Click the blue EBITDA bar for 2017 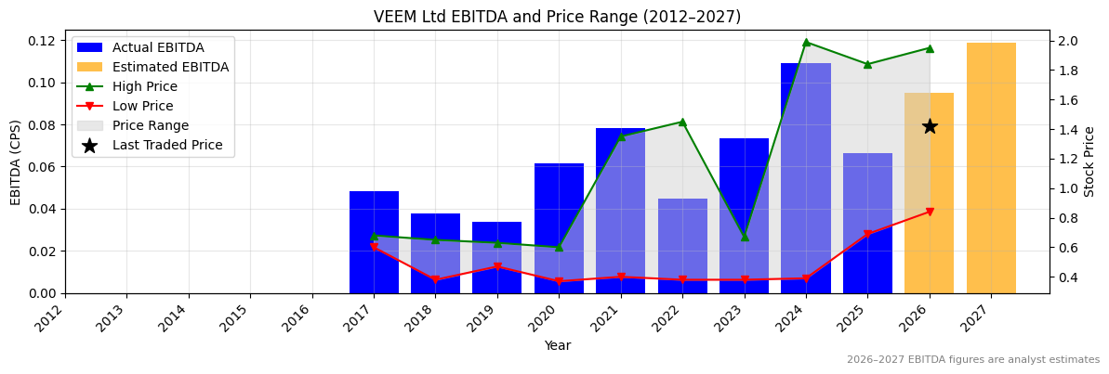[374, 242]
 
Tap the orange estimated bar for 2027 [991, 168]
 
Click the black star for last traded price [930, 126]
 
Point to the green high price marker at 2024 [806, 42]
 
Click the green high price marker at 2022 [682, 122]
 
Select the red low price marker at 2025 [867, 234]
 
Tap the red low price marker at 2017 [374, 247]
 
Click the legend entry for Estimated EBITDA [170, 67]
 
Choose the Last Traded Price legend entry [167, 145]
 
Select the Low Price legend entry [142, 106]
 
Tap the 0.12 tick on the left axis [41, 41]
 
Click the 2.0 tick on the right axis [1067, 41]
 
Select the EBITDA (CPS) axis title [16, 161]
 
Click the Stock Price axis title [1090, 161]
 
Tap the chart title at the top [557, 17]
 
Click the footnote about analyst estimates [972, 360]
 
